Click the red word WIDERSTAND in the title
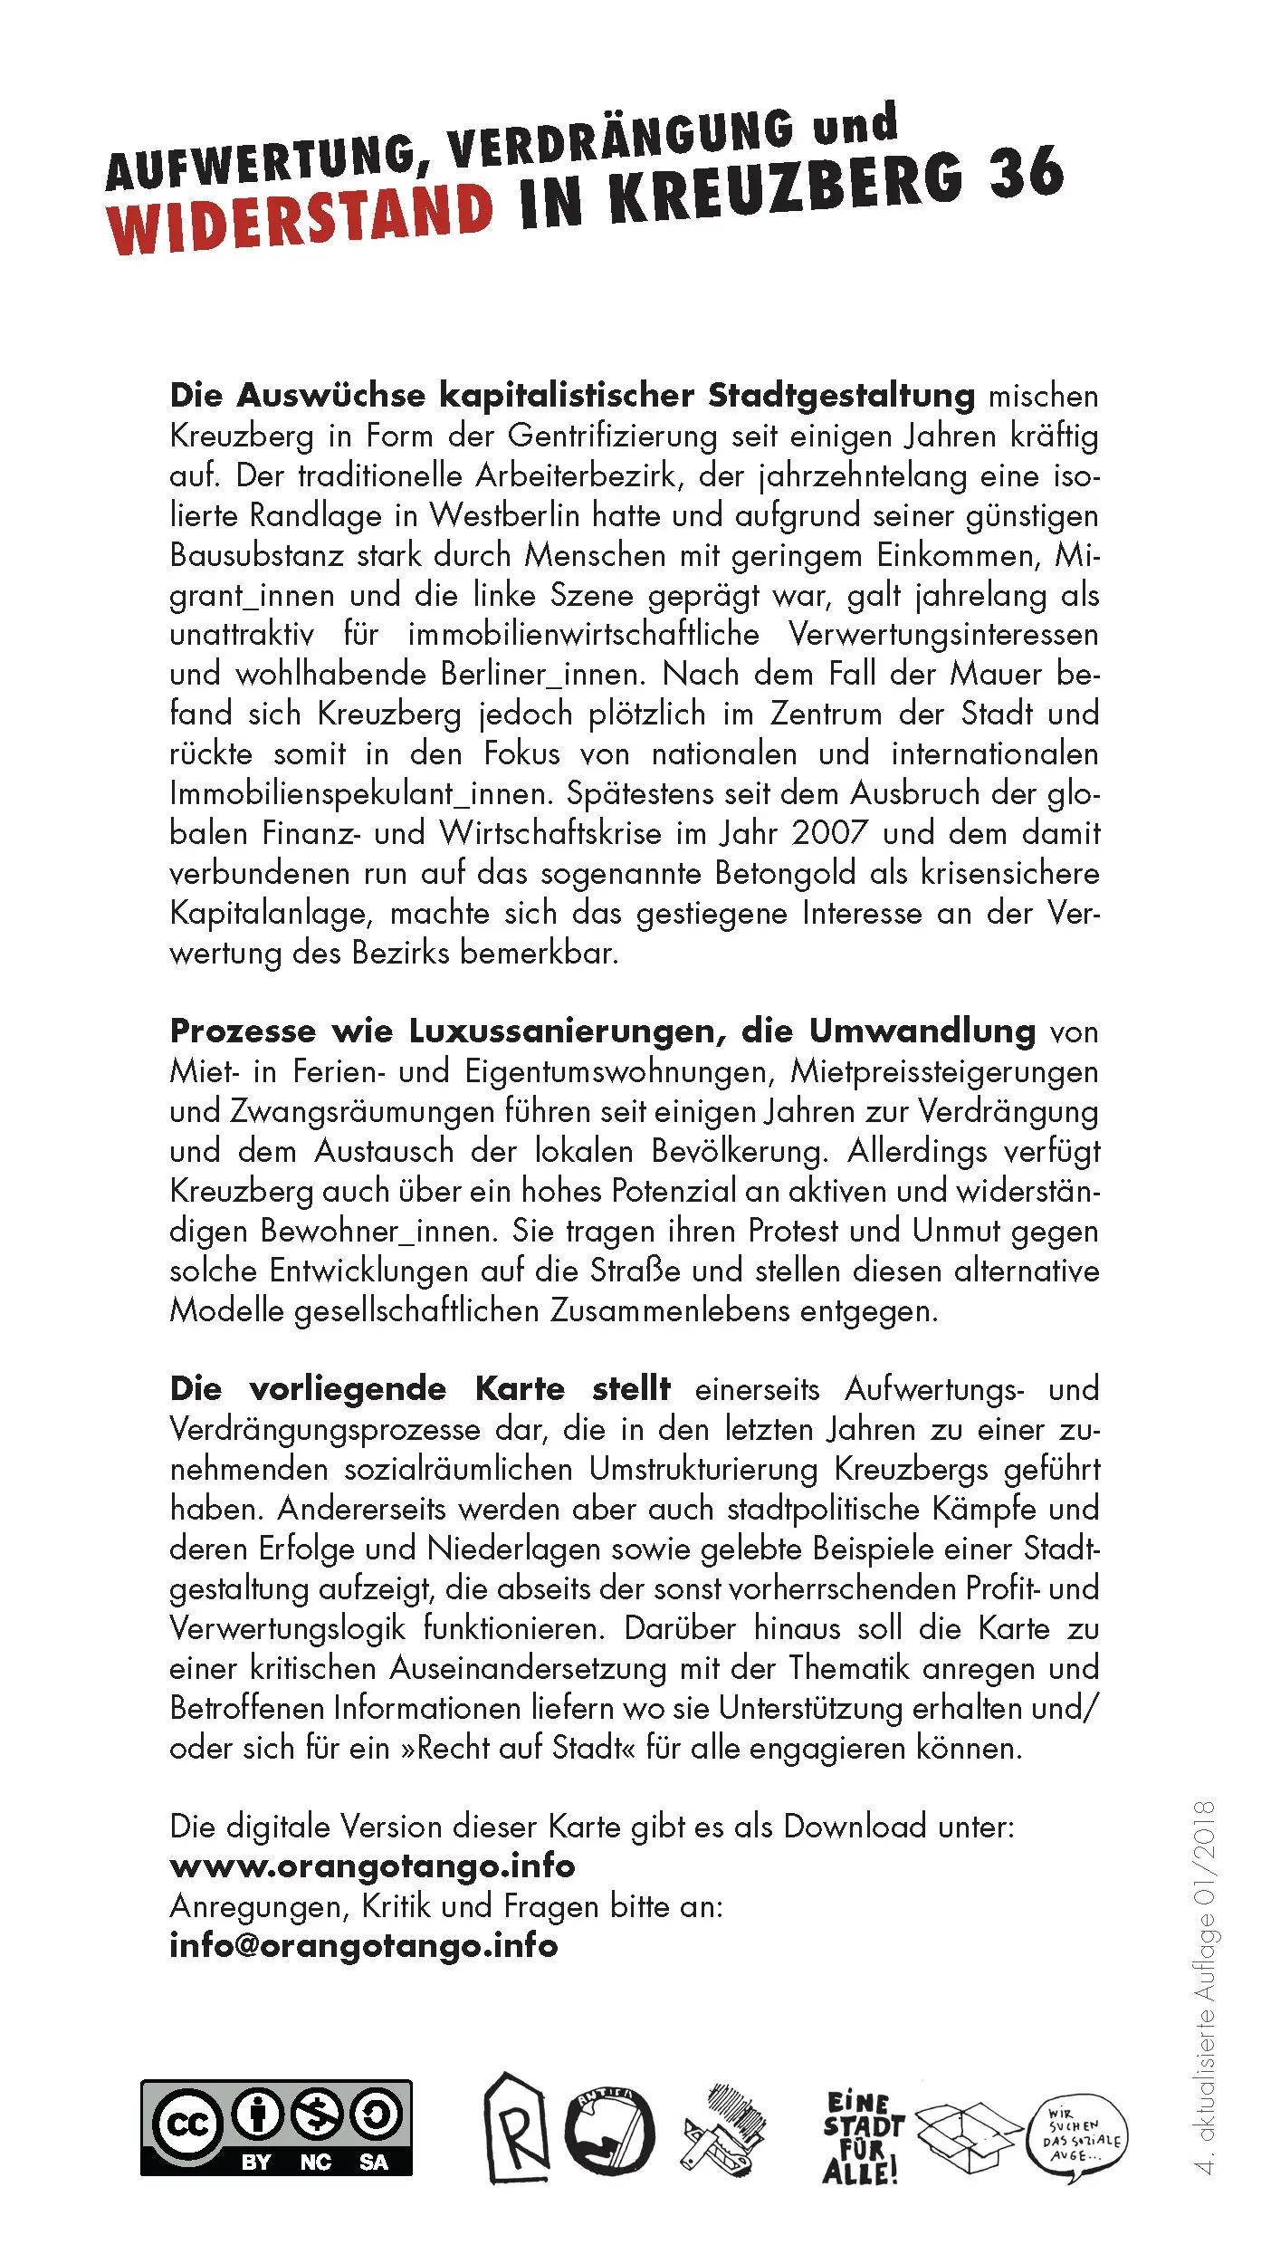pos(300,217)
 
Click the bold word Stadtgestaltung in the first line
pos(841,396)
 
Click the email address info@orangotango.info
pos(363,1944)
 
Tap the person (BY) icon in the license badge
pos(258,2114)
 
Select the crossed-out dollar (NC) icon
pos(316,2114)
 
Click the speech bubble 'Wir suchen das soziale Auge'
pos(1077,2137)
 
